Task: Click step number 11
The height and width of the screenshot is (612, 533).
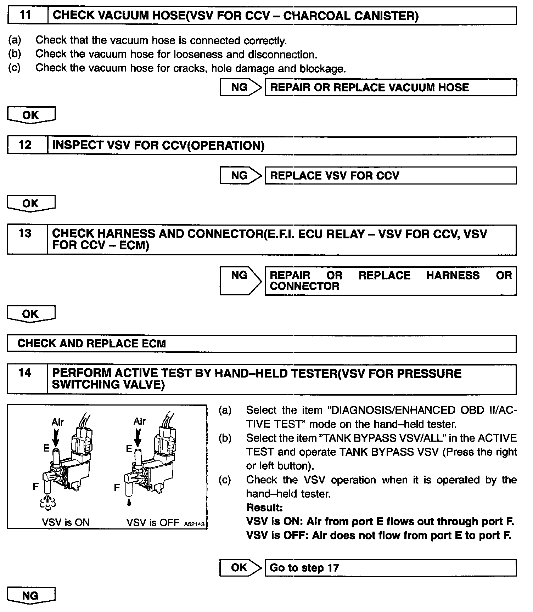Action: click(26, 16)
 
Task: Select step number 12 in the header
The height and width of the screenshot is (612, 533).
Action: click(25, 145)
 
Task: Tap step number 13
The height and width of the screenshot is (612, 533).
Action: click(25, 234)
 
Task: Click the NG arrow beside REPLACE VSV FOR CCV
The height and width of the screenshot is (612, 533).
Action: click(241, 175)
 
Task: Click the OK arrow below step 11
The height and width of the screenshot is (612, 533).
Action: click(31, 115)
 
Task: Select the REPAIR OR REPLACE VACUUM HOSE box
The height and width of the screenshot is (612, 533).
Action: click(391, 87)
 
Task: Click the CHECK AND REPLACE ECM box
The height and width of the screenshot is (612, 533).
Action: click(262, 344)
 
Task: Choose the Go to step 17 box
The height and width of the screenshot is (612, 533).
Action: click(391, 568)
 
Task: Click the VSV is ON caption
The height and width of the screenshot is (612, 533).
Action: click(66, 522)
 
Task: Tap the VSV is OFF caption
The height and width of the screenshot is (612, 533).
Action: click(153, 522)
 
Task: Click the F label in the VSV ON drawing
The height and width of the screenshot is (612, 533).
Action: click(35, 487)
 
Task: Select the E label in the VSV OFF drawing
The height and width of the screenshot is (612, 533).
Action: click(129, 449)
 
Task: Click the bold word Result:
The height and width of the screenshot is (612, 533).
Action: click(264, 508)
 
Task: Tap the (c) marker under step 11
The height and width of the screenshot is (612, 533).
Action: click(15, 68)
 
